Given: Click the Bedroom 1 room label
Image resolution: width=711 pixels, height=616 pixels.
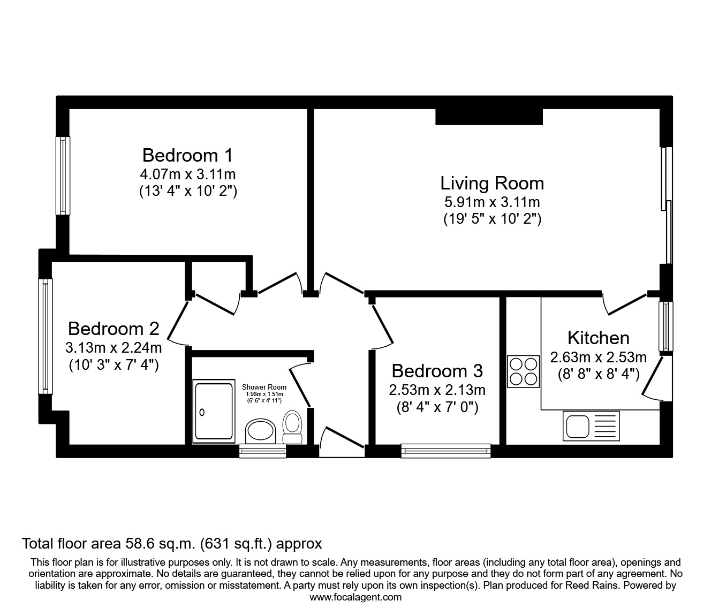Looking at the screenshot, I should [x=187, y=155].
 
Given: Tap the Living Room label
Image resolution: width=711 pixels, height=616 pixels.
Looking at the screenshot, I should [x=491, y=183].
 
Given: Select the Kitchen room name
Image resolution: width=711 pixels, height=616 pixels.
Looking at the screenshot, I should [x=598, y=338].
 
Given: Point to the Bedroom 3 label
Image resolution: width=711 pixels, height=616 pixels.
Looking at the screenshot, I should [x=437, y=370].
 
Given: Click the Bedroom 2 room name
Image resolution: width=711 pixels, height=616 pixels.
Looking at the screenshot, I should [x=113, y=328].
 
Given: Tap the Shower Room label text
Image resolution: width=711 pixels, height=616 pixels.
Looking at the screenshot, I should [x=264, y=387].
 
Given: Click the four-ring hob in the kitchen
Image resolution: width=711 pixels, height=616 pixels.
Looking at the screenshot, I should [x=523, y=371].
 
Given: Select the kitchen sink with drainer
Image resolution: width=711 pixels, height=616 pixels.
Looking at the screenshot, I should [x=591, y=426].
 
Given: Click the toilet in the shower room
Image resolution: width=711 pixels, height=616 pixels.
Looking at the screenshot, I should [x=292, y=427].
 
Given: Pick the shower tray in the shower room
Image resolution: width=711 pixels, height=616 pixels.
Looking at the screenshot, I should [x=214, y=412].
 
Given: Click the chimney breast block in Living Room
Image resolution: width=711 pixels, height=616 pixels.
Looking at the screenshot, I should [x=489, y=117].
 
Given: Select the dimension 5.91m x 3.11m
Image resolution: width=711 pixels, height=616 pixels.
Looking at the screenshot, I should [x=491, y=202].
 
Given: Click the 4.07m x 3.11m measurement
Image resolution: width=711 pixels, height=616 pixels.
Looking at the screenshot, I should [x=187, y=174].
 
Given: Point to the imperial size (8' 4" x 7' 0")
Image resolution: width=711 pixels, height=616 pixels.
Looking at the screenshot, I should [x=437, y=407].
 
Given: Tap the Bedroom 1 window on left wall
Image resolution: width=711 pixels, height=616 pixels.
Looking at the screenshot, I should [x=63, y=176].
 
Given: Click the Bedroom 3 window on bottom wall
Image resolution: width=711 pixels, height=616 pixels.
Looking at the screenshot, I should [x=446, y=451].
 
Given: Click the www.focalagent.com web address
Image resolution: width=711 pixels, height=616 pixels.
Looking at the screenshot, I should [x=355, y=597].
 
